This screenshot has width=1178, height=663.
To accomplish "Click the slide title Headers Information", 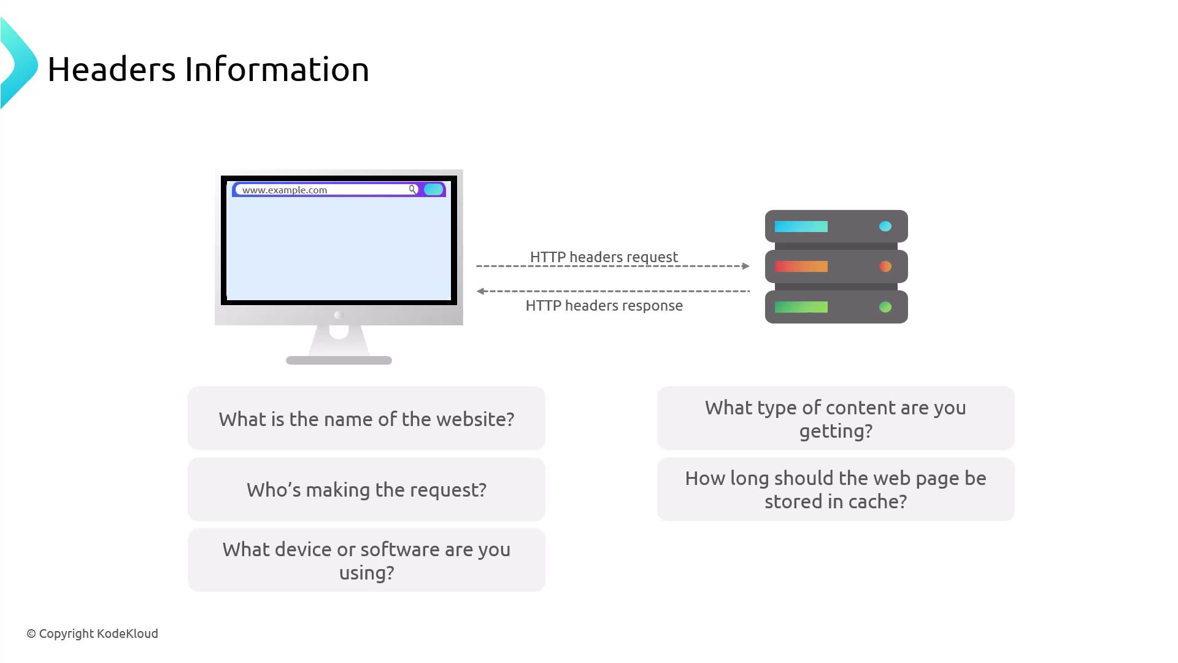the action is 208,69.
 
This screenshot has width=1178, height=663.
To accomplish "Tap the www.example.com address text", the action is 285,190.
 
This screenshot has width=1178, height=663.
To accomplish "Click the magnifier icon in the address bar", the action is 413,189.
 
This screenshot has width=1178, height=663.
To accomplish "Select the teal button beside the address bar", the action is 433,189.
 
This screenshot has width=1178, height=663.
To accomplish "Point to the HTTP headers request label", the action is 604,257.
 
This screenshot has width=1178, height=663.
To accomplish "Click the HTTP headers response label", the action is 604,305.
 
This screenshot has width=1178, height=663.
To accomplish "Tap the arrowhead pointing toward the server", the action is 746,266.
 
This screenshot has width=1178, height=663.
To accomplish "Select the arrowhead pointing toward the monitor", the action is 481,291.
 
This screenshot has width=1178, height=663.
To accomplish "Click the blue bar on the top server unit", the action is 801,227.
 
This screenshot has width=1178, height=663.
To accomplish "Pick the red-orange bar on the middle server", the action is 801,266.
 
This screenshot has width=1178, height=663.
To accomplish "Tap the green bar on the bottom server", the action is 801,307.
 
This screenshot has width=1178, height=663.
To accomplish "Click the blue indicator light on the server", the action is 885,227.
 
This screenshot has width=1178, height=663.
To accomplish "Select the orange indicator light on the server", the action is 885,266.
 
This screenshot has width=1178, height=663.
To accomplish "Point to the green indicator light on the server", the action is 885,307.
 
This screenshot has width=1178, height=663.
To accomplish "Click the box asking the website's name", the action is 366,418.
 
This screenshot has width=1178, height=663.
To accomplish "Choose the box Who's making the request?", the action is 366,489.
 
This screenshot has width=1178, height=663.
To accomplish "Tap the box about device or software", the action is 366,560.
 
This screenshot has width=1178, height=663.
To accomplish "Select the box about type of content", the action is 836,418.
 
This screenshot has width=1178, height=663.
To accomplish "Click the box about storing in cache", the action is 836,489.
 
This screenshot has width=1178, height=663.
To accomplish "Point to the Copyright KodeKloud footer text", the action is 93,634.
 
